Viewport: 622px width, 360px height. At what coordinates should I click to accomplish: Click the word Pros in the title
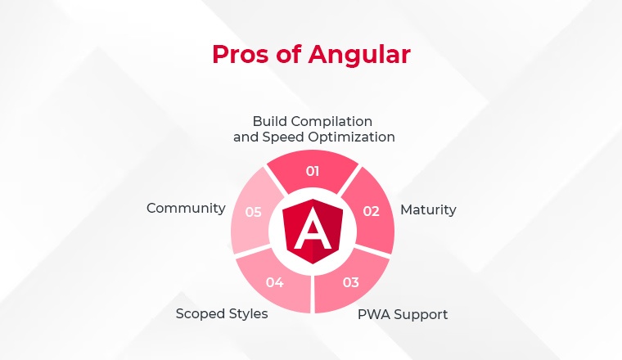240,54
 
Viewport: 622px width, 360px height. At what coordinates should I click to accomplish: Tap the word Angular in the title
359,54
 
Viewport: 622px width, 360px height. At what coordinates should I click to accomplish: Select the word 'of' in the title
288,54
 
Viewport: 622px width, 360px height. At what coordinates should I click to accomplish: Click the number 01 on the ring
313,171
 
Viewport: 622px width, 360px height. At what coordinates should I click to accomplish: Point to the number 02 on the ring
372,211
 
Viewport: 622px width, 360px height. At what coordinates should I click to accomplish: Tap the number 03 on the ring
350,282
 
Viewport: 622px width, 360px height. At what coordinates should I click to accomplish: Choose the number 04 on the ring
274,282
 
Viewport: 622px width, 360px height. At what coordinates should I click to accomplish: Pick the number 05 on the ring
253,212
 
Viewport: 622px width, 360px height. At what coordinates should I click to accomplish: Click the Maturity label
428,209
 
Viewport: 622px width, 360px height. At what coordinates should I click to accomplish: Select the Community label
186,208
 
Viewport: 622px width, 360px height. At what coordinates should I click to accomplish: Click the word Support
421,315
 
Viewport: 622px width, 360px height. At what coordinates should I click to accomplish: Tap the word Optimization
351,137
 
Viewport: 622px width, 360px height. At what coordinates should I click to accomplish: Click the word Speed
284,137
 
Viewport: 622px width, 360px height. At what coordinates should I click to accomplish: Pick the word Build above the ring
268,121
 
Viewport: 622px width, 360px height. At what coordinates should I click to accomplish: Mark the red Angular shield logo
313,232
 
